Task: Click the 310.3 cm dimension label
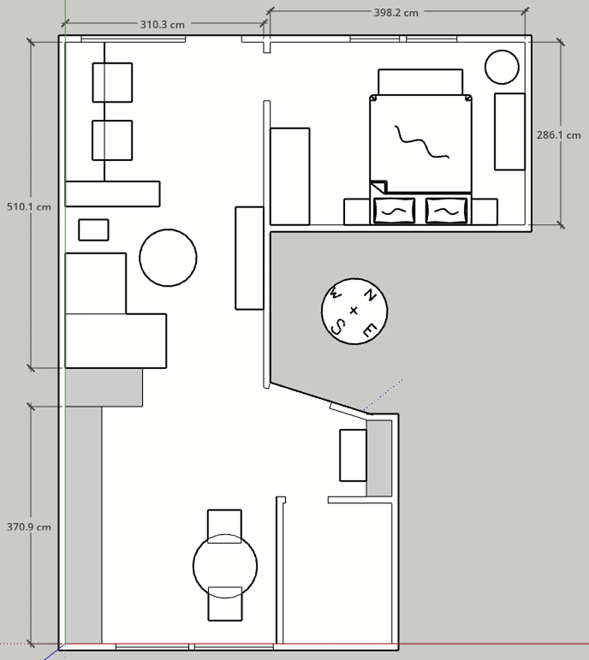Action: pos(163,25)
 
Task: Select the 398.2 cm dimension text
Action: pos(396,13)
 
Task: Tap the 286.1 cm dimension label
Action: pos(559,135)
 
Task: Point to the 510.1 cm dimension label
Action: pos(29,207)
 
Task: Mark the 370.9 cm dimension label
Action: pos(29,527)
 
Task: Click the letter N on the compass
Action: pos(369,295)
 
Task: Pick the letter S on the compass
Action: pos(337,327)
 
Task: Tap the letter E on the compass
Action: pos(369,331)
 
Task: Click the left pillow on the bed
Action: pos(395,210)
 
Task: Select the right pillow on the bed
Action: pos(446,210)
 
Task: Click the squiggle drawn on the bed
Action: pos(421,142)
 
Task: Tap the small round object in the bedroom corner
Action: pos(502,67)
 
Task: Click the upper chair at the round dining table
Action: pos(225,526)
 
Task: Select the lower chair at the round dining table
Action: pos(225,604)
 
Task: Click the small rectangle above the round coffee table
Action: pos(93,230)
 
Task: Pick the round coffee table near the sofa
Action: pos(168,258)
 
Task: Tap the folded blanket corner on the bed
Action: pos(379,186)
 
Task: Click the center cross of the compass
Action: pos(353,310)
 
